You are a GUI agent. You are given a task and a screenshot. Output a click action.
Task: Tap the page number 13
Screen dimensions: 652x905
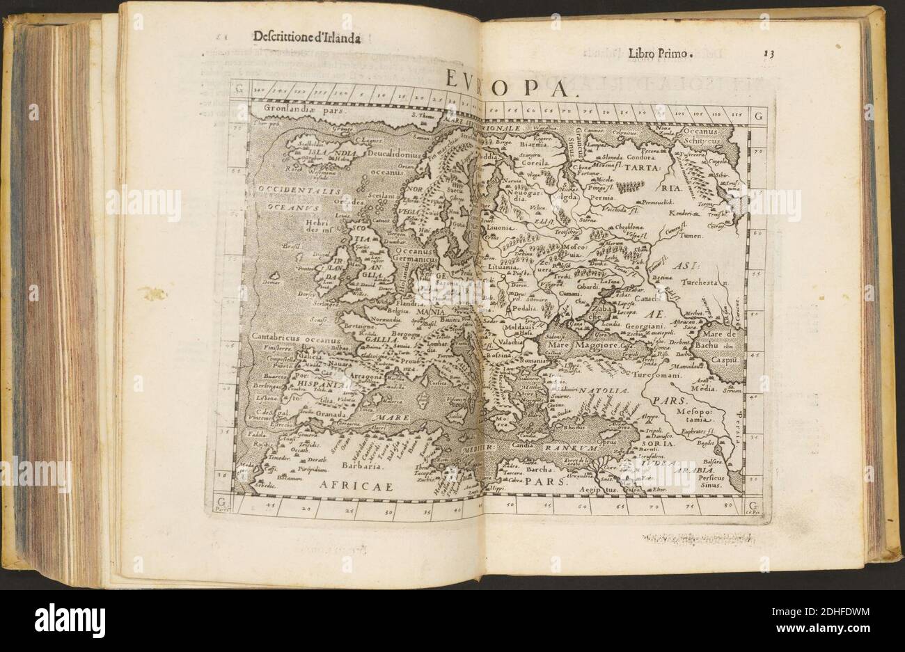tap(768, 53)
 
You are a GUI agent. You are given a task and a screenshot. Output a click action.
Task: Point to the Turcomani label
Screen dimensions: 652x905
tap(674, 374)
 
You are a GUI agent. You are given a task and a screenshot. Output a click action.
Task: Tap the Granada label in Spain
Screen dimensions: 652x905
tap(322, 411)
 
